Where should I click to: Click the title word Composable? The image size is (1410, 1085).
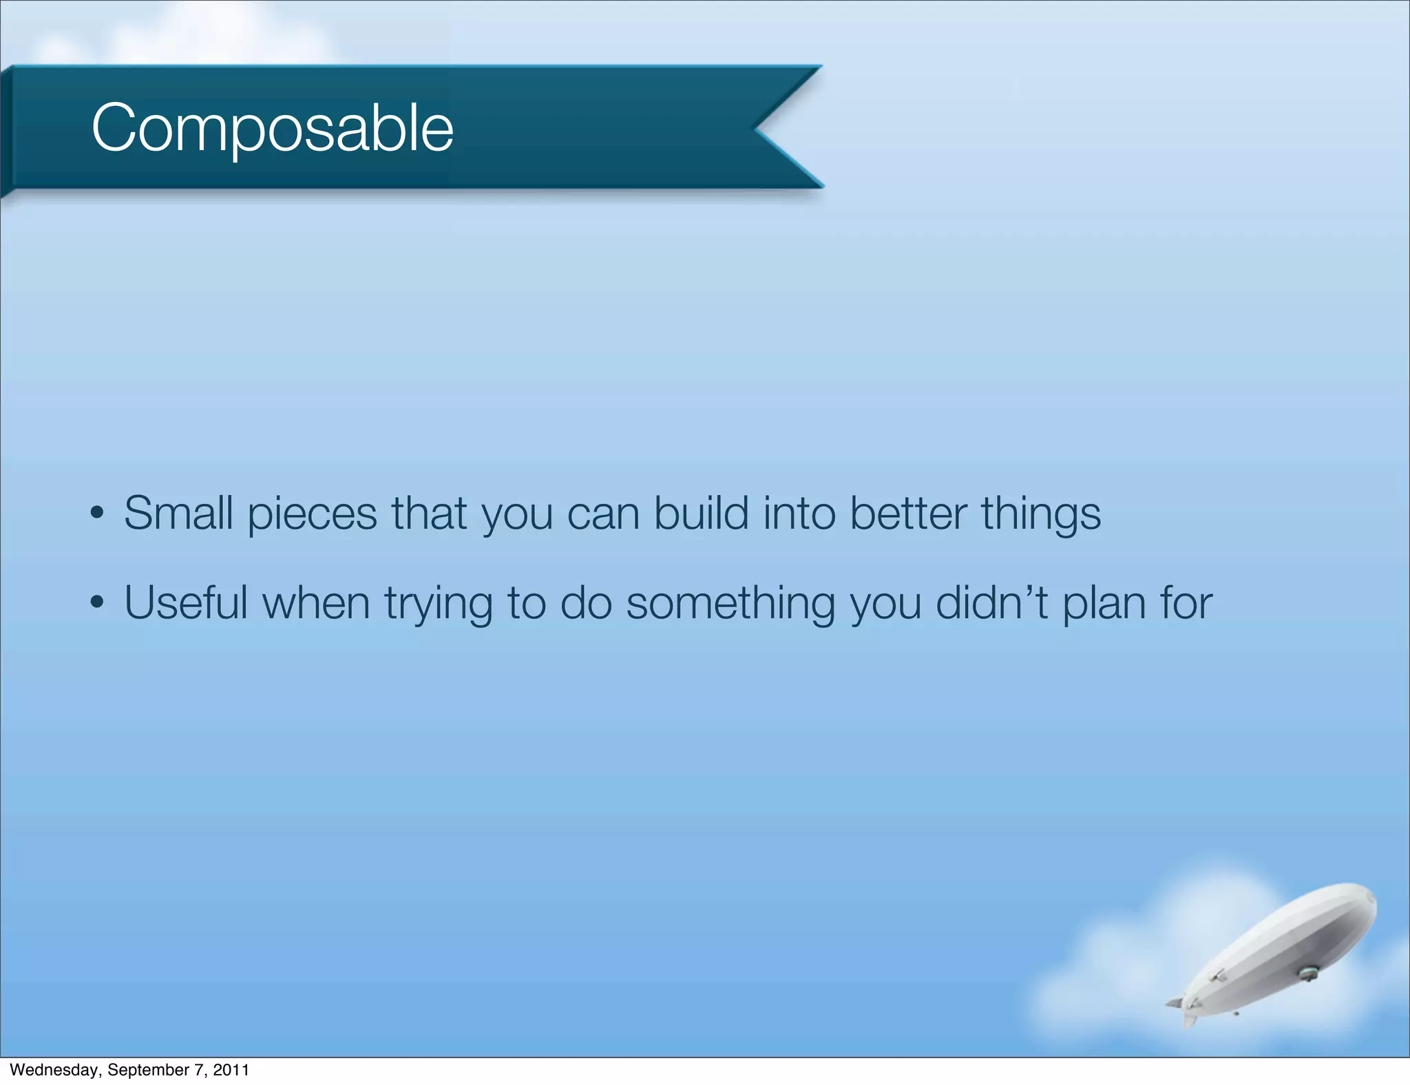pos(272,128)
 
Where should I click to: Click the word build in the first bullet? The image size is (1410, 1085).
pos(700,514)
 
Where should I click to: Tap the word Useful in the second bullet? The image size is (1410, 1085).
pos(185,603)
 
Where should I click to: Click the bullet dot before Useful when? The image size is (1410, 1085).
pos(97,603)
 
